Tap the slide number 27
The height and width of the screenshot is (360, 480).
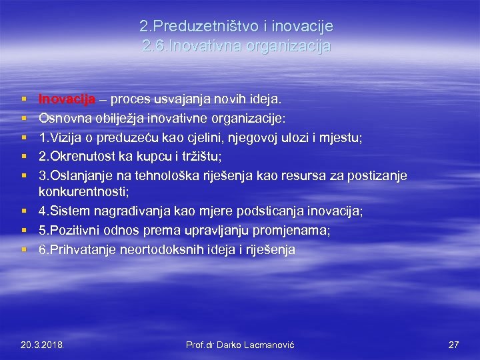453,345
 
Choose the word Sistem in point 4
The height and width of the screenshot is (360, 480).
67,211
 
